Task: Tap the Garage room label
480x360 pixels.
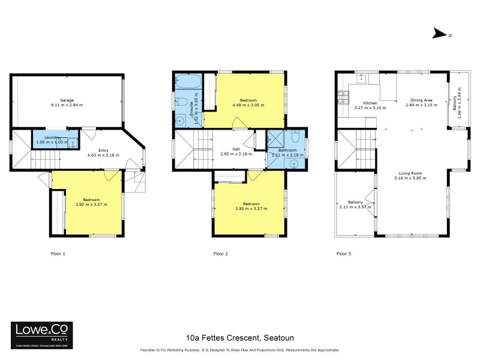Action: (x=71, y=100)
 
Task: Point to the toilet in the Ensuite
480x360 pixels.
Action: (x=181, y=103)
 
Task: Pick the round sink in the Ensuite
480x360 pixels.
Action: (x=181, y=118)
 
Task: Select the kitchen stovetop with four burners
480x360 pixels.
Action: (x=344, y=96)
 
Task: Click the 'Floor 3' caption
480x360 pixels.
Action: (x=343, y=254)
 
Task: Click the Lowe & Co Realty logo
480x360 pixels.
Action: (x=42, y=332)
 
